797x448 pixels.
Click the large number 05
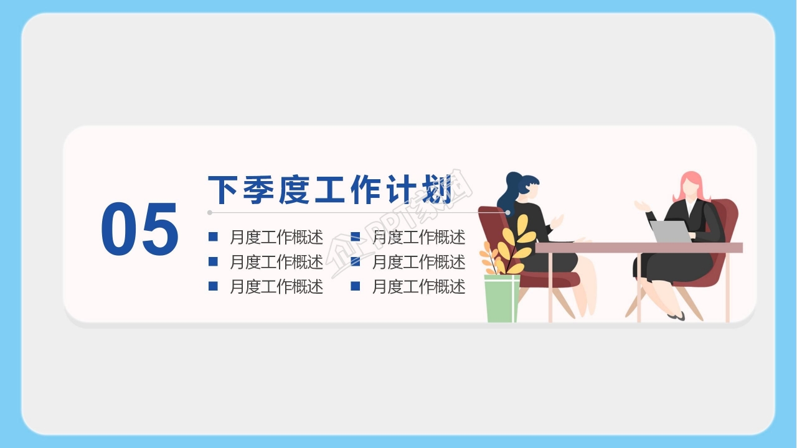pos(139,230)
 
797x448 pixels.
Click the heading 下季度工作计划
pos(330,190)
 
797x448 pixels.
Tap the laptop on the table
pos(671,231)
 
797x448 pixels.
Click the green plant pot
pos(502,299)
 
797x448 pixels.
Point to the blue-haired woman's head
pos(523,186)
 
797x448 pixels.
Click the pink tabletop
pos(638,248)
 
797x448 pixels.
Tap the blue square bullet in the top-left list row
pos(213,236)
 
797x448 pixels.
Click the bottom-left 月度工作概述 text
pos(276,287)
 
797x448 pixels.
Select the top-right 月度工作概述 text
pos(418,237)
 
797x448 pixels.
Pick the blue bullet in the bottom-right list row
pos(356,286)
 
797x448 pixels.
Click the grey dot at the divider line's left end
pos(210,213)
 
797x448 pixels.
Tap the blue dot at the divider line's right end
pos(508,213)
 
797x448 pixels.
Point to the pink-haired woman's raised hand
pos(641,206)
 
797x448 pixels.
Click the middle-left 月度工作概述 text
pos(276,262)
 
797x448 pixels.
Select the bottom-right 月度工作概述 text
pos(418,287)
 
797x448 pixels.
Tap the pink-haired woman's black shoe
pos(677,316)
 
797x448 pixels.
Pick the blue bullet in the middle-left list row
pos(213,261)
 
